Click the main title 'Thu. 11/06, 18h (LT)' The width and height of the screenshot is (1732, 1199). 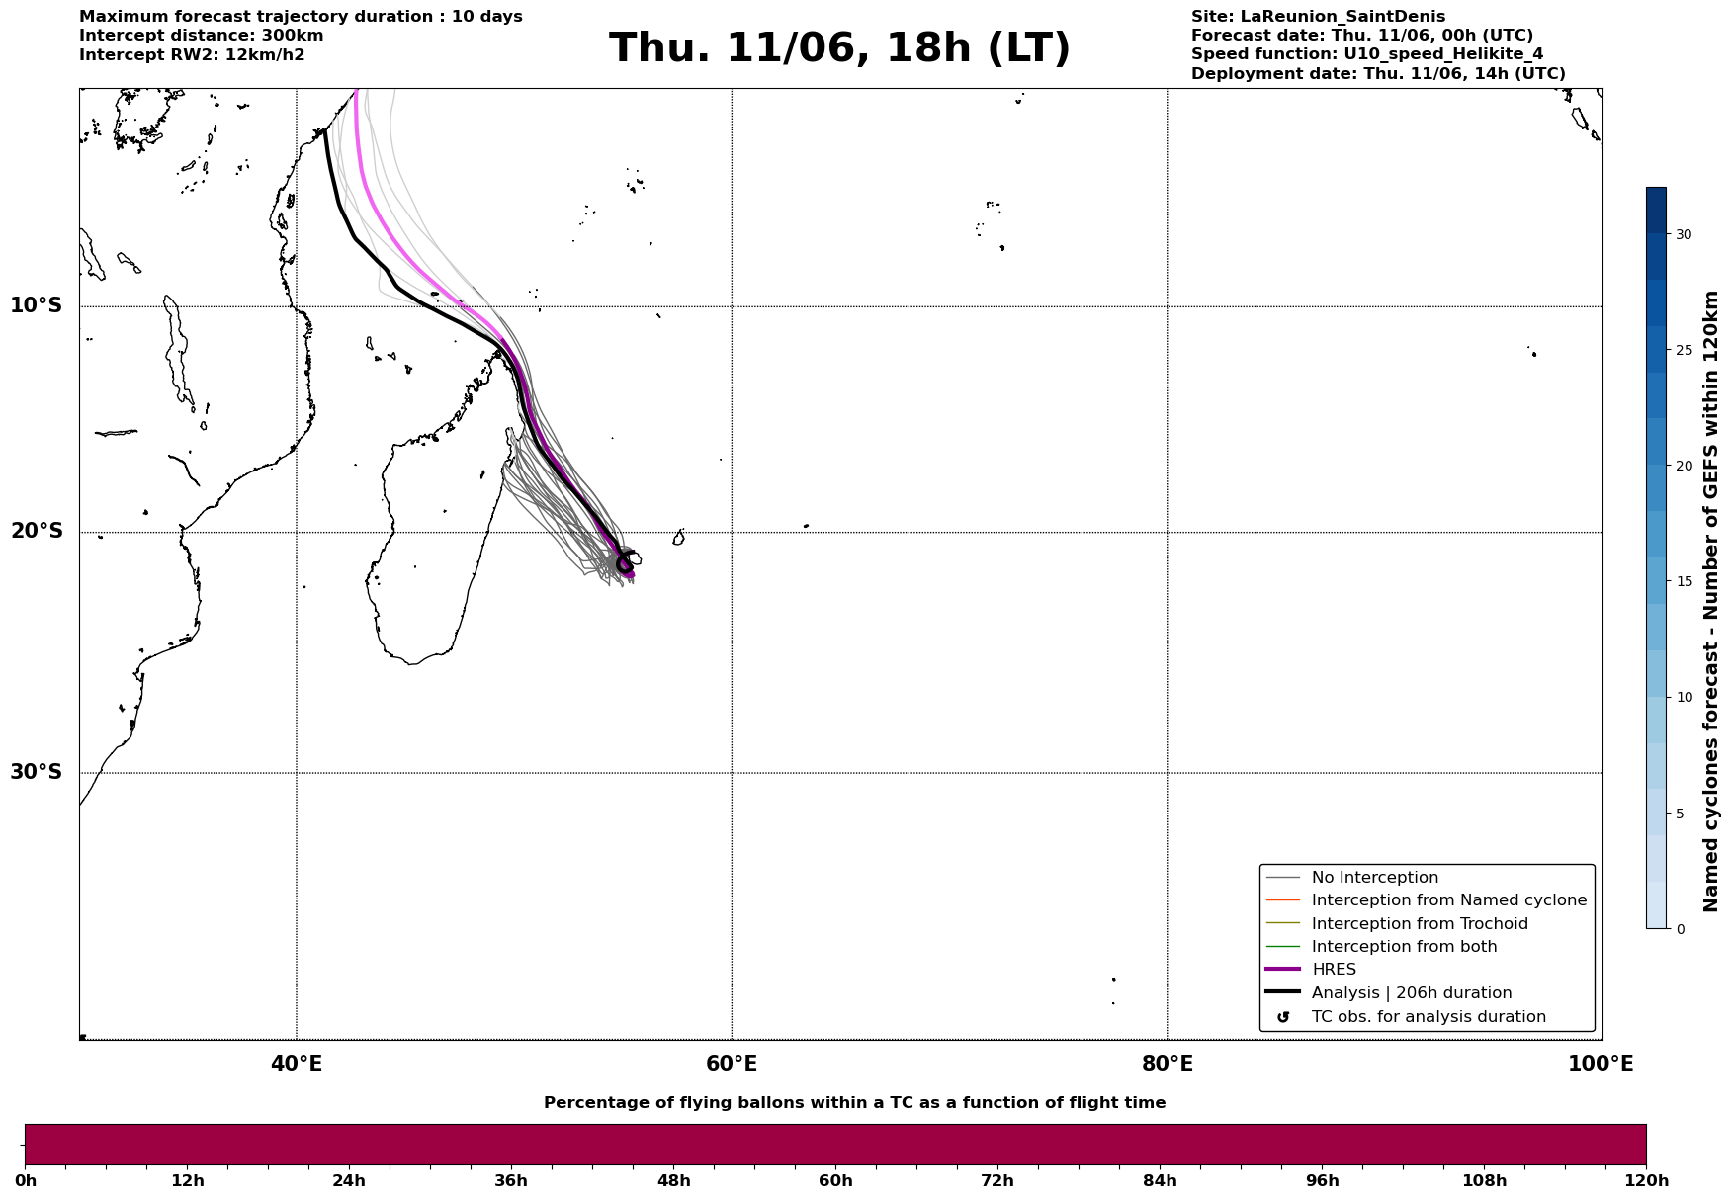(839, 48)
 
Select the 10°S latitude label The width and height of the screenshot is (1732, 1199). (37, 305)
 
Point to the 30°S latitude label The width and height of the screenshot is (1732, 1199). (37, 772)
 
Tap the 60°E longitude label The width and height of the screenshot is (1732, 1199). (732, 1064)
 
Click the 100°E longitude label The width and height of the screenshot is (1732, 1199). (1601, 1064)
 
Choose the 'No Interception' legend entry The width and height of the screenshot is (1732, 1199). (1374, 878)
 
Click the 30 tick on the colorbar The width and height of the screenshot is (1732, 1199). (1683, 235)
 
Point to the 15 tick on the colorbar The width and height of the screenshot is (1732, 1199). (1683, 582)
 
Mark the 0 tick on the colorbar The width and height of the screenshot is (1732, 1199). (1680, 929)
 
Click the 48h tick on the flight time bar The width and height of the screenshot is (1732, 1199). (673, 1180)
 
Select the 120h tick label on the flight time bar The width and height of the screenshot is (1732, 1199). (1646, 1180)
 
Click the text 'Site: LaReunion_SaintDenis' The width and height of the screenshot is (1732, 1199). (1318, 17)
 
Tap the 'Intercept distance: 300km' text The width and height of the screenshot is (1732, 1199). (201, 36)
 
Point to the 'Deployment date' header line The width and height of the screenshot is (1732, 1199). (1378, 74)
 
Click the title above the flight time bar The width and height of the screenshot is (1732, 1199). (854, 1103)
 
